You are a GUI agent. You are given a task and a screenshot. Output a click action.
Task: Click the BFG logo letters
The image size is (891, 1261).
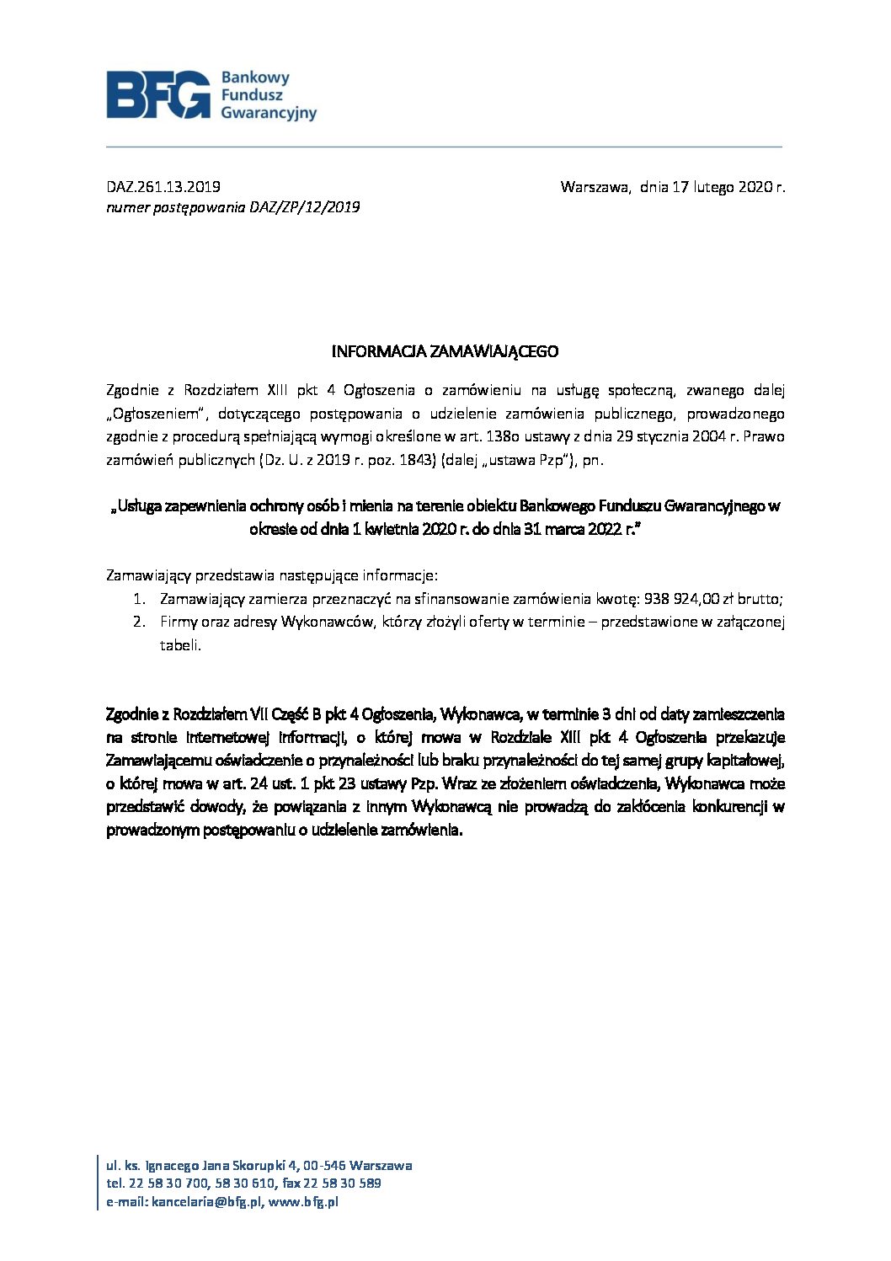pos(158,94)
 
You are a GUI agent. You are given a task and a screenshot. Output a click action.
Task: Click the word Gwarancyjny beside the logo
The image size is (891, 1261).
pos(269,112)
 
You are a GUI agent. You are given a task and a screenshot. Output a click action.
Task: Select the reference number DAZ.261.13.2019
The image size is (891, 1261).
pos(163,186)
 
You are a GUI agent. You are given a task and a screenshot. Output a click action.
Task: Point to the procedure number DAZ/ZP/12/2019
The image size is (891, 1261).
pos(305,206)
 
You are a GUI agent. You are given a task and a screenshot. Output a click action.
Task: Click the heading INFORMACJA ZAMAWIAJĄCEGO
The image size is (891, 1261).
pos(445,350)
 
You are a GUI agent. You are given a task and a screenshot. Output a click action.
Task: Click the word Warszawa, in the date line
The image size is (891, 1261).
pos(595,186)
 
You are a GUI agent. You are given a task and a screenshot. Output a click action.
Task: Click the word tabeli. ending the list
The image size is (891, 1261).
pos(181,645)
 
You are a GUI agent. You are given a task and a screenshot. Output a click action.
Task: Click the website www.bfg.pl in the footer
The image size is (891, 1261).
pos(303,1202)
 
